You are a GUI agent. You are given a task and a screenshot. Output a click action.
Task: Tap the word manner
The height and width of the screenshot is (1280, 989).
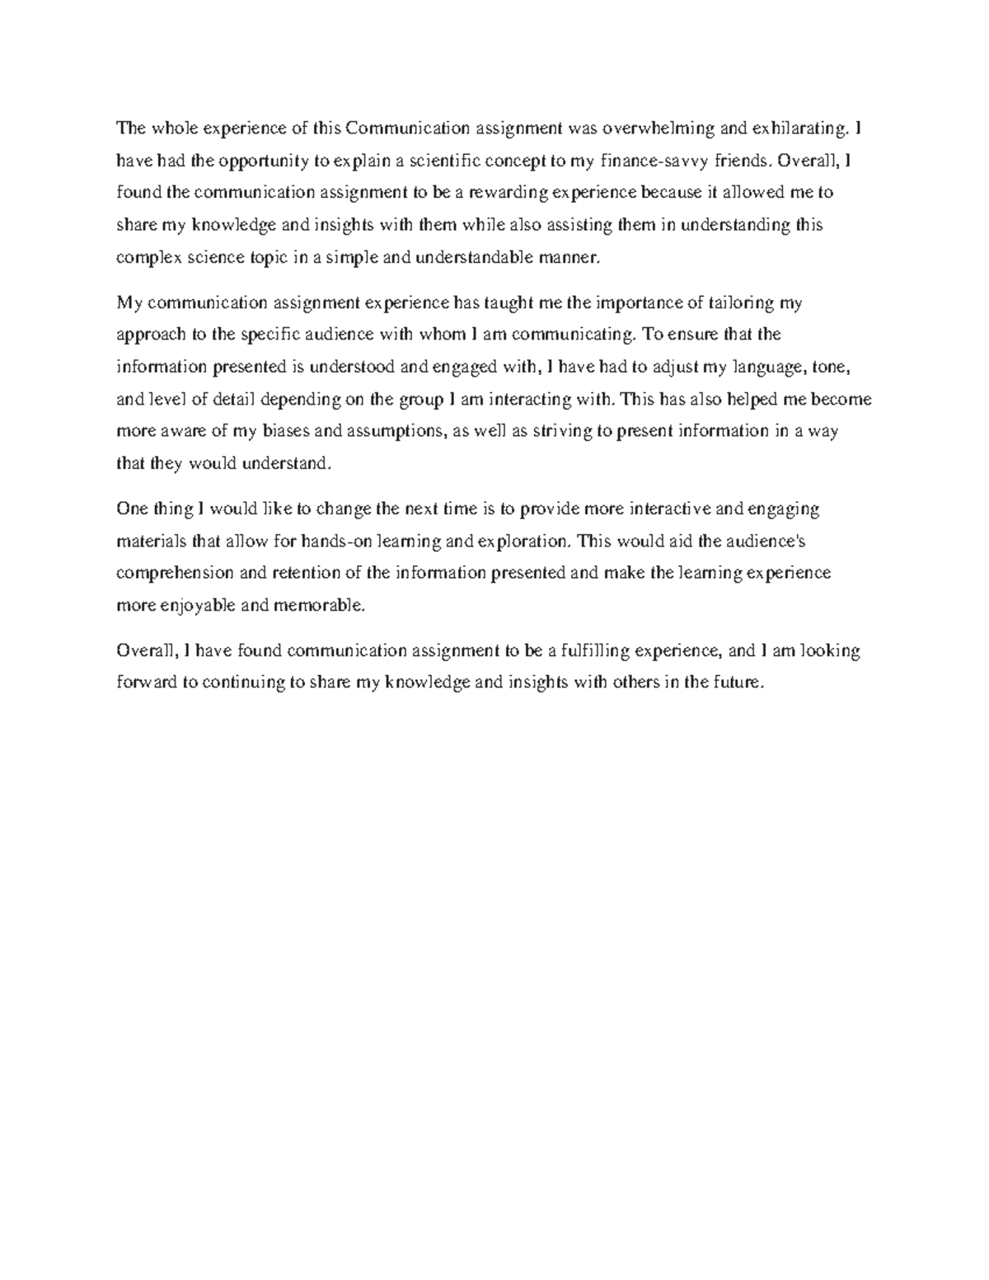(x=565, y=257)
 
